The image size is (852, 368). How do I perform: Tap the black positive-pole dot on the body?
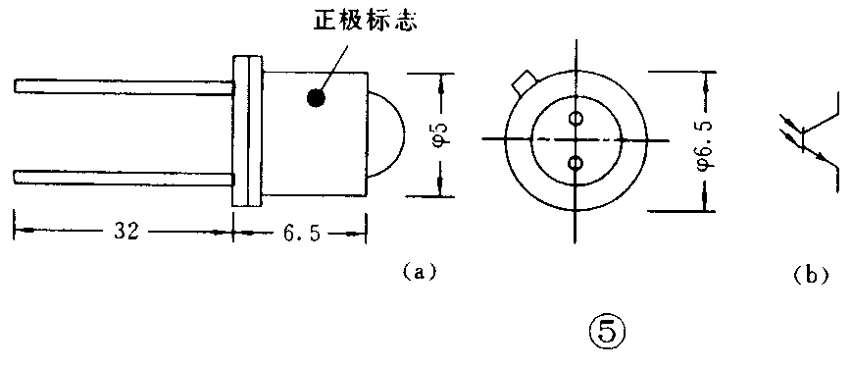click(316, 98)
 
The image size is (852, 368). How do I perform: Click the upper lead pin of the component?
click(123, 87)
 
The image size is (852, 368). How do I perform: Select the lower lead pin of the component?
click(123, 177)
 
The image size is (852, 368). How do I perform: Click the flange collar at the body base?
click(246, 132)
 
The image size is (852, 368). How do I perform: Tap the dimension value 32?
click(125, 232)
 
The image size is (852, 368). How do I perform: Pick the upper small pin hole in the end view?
click(576, 120)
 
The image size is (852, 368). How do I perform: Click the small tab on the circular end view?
click(524, 80)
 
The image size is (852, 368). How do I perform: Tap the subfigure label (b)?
click(810, 276)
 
